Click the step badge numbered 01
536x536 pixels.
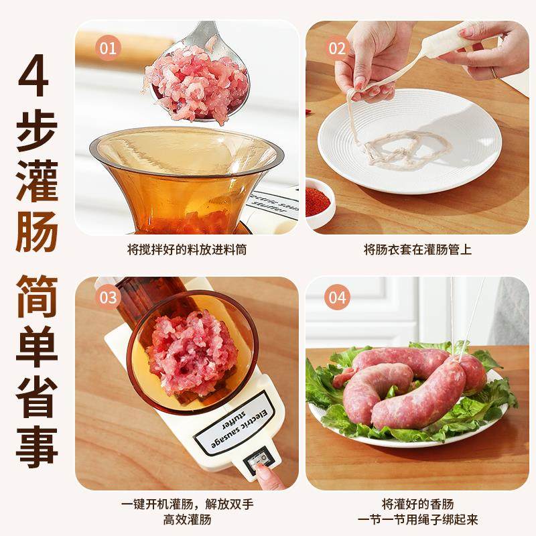point(107,48)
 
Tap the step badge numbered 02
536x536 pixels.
point(337,48)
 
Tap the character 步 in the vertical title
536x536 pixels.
point(37,129)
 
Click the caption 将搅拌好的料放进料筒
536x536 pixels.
point(186,249)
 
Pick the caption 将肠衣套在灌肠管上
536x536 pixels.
point(417,249)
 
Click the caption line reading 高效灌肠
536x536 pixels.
point(186,519)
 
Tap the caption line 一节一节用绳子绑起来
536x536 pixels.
point(417,519)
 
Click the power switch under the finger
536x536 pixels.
point(258,461)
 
